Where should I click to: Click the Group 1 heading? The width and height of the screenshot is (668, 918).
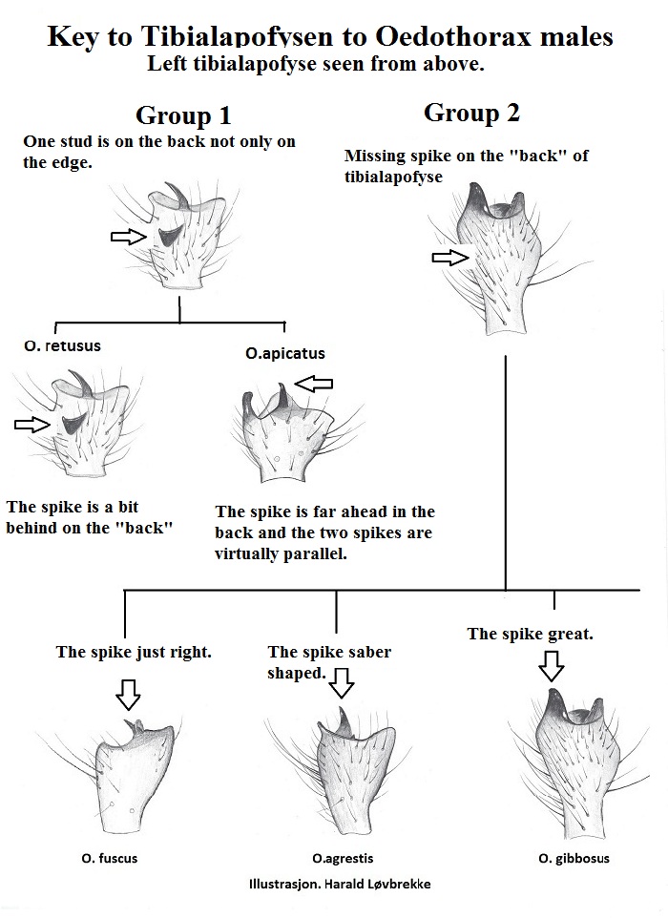coord(183,115)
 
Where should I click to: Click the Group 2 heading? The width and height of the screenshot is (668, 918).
coord(471,113)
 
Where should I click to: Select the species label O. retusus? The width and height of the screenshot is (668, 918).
coord(63,346)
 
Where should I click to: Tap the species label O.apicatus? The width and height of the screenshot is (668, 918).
coord(285,354)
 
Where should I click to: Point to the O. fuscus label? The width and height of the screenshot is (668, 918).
coord(110,859)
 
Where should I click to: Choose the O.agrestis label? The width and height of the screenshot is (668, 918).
coord(343,859)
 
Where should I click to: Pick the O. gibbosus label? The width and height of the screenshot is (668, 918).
coord(574,859)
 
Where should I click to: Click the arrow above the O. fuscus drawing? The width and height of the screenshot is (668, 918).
coord(128,695)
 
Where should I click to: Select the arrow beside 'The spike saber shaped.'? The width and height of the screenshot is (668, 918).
coord(342,683)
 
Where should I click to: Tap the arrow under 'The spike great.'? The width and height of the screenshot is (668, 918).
coord(551,666)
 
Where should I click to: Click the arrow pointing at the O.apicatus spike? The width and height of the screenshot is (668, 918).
coord(313,384)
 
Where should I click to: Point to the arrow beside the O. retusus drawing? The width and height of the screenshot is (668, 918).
coord(32,425)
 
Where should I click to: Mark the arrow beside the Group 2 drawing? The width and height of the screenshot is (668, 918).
coord(450,258)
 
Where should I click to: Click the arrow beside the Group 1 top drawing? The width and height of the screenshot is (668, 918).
coord(129,237)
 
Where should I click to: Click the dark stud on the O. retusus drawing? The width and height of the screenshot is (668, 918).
coord(73,424)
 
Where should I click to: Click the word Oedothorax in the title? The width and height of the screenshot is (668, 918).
coord(453,36)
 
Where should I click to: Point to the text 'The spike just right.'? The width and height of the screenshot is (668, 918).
coord(134,652)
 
